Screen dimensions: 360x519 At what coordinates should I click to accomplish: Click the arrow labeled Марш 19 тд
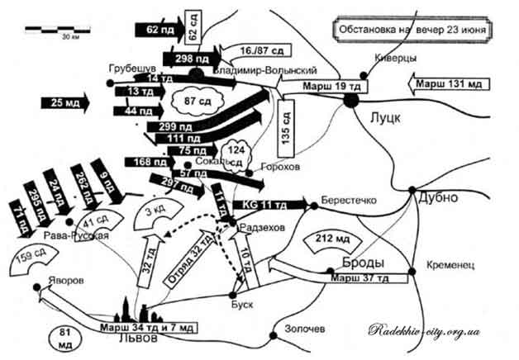point(321,86)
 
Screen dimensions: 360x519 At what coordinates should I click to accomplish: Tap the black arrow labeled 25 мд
point(62,102)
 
